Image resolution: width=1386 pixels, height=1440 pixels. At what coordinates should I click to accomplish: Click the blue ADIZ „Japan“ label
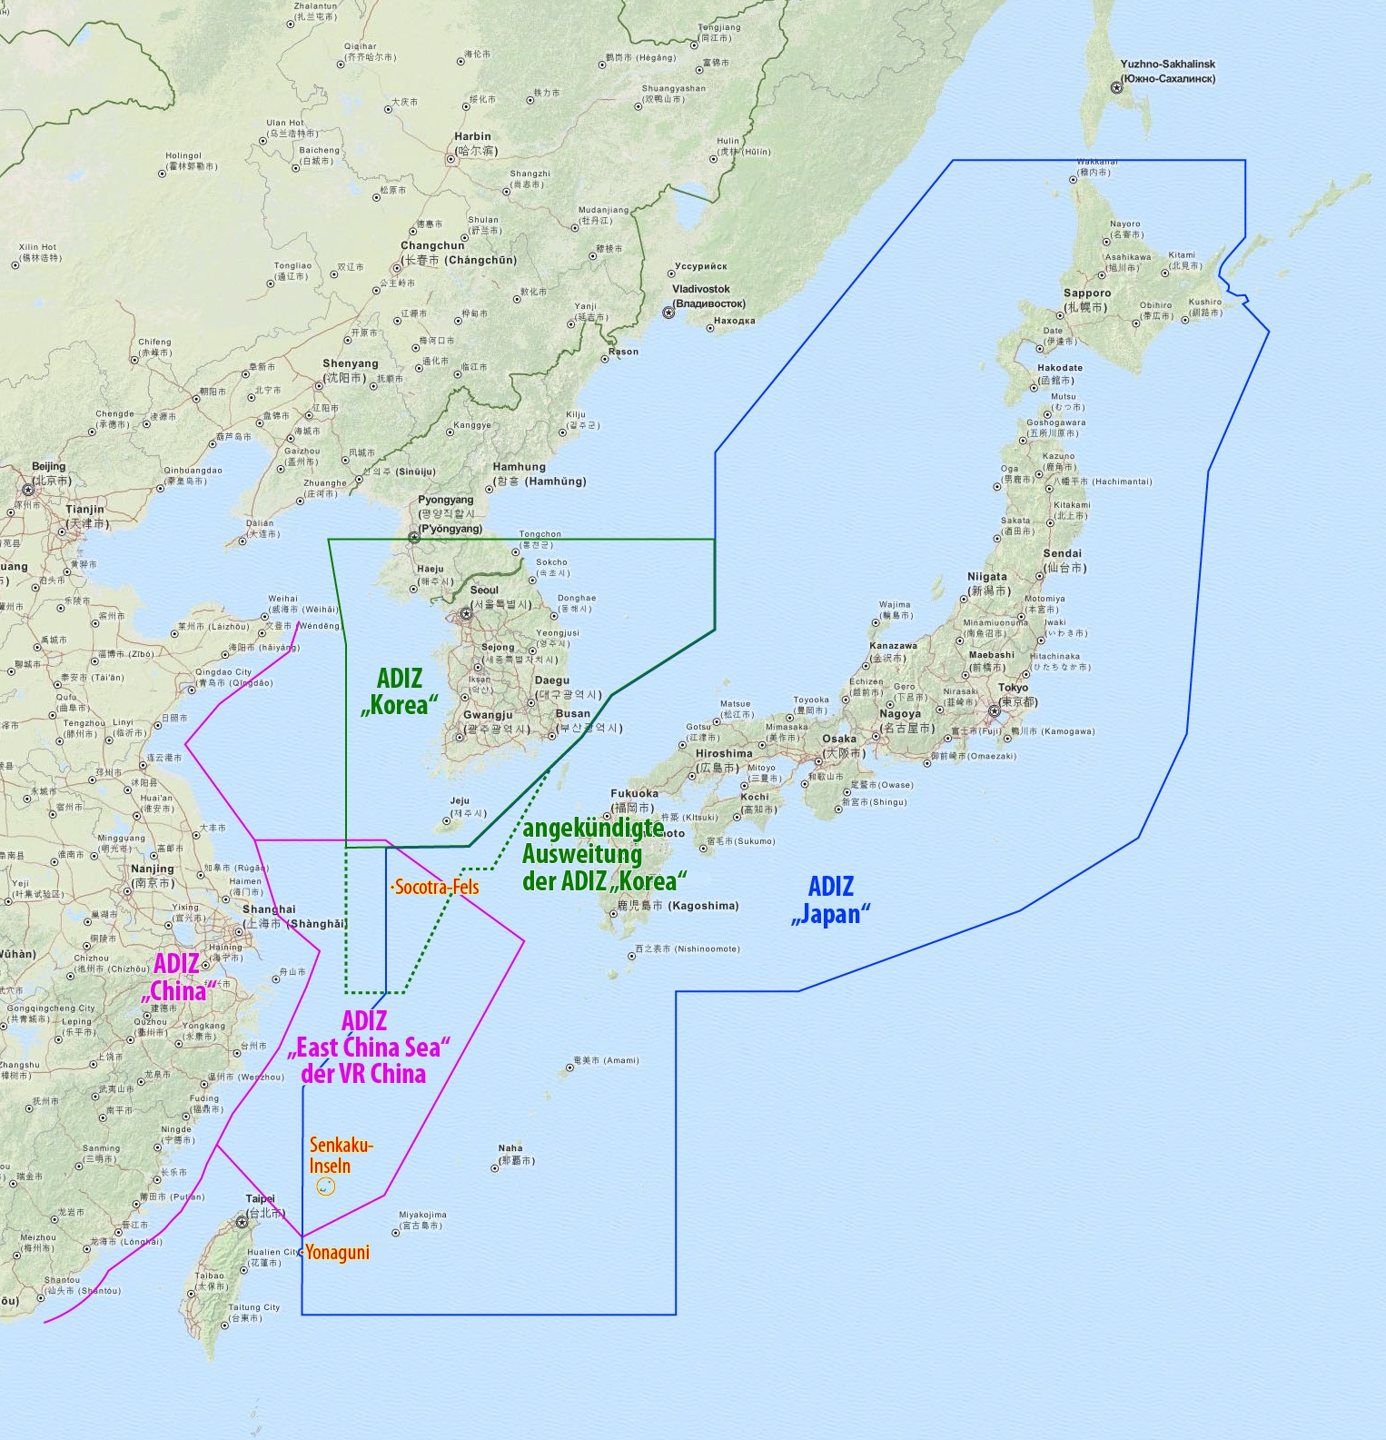[830, 899]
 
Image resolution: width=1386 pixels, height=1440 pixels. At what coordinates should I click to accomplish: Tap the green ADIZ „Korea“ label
[400, 691]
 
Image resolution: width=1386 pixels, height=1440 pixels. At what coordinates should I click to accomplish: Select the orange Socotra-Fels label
[436, 887]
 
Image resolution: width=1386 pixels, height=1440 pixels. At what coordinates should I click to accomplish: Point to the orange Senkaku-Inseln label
[341, 1155]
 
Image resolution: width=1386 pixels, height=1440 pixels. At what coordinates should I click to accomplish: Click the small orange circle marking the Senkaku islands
[325, 1187]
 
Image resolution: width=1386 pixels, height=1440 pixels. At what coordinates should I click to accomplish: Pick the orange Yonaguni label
[337, 1253]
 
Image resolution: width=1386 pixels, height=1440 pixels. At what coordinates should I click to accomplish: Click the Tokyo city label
[1013, 688]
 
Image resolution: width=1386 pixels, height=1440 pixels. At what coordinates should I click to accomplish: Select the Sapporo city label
[1086, 293]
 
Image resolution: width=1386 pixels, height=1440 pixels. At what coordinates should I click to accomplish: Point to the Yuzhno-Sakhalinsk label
[1167, 65]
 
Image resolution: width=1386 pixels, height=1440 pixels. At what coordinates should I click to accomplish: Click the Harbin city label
[472, 136]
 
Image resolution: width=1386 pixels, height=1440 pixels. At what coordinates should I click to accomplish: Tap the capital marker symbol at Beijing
[27, 490]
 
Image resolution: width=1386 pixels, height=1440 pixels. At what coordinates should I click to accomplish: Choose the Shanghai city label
[269, 909]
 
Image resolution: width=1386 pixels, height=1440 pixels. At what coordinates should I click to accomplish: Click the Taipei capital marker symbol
[242, 1222]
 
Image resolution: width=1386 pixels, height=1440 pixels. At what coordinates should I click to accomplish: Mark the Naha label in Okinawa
[510, 1148]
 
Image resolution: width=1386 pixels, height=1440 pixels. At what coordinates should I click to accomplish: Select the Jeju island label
[460, 801]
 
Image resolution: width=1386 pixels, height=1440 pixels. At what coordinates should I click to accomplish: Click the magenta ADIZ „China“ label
[177, 978]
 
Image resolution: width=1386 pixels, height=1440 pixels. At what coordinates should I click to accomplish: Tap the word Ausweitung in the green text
[581, 855]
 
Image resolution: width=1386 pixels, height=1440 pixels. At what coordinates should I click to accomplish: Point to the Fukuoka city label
[634, 793]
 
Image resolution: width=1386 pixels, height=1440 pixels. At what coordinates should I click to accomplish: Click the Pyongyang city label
[445, 500]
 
